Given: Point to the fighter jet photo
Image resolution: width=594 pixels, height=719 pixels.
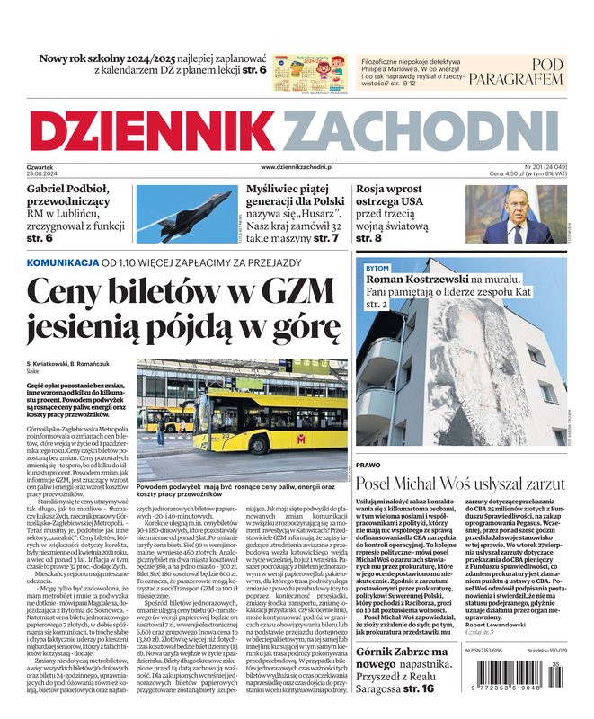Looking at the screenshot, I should click(188, 215).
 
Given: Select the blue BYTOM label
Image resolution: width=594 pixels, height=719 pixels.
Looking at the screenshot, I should click(377, 269).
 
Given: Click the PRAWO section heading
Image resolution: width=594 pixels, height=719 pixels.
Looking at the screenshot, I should click(368, 466).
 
